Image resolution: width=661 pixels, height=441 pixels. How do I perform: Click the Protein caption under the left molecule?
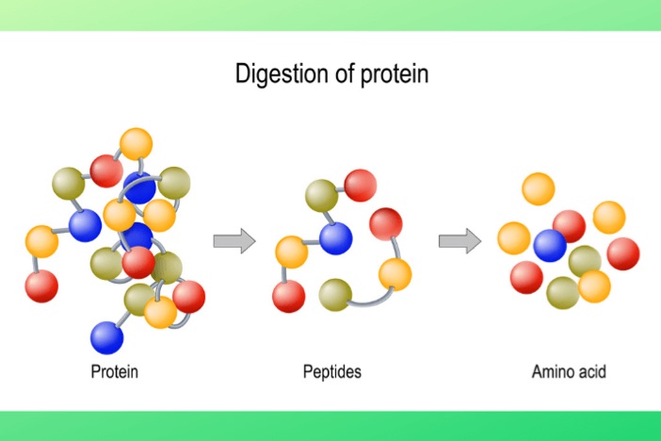point(114,372)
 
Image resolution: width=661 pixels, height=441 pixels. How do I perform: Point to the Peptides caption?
point(332,372)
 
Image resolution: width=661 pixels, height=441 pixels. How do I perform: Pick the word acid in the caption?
point(592,372)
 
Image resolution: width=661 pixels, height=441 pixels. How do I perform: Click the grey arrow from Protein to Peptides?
point(234,241)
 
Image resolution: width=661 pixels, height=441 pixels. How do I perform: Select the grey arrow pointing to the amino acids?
point(459,241)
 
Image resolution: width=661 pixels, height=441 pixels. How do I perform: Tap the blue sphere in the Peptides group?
point(335,238)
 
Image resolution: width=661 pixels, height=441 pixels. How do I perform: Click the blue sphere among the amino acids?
point(550,246)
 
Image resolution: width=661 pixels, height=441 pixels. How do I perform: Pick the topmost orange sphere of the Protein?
point(136,144)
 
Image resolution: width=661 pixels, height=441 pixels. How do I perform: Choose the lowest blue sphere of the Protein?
point(107,337)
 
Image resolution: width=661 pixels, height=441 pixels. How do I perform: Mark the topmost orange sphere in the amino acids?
point(539,188)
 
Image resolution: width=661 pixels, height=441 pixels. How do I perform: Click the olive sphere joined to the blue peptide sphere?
point(322,196)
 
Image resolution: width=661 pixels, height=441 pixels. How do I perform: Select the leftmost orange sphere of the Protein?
point(41,241)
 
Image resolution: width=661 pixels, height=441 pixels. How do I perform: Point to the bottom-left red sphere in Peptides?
point(289,296)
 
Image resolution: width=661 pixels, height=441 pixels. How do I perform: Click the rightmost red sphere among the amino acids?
point(623,253)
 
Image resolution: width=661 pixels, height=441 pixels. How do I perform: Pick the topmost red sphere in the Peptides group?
point(361,186)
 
